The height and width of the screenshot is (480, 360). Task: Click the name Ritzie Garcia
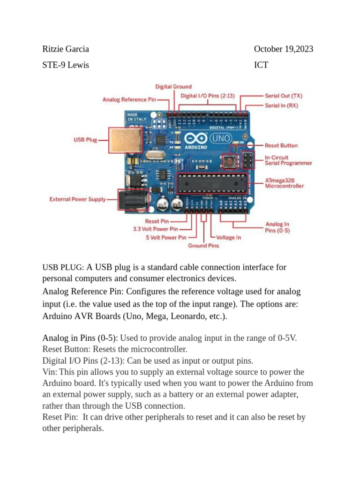(66, 49)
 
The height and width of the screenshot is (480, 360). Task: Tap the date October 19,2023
(284, 49)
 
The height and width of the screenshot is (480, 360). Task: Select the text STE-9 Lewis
(66, 65)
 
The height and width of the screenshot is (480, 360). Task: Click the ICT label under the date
(261, 65)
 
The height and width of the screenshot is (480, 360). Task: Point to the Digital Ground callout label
(173, 87)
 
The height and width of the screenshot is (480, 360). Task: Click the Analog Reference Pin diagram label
(129, 99)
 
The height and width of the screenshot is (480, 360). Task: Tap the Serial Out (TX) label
(284, 96)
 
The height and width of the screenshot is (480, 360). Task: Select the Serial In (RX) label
(281, 105)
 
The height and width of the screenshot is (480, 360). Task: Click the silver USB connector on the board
(125, 140)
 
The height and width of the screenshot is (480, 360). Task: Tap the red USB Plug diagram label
(85, 140)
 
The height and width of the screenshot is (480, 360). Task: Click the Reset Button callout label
(281, 146)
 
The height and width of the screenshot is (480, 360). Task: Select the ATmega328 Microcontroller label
(284, 183)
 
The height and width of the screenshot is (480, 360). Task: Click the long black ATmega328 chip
(211, 183)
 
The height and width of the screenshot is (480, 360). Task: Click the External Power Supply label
(78, 199)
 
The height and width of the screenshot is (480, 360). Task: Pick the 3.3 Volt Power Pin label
(155, 229)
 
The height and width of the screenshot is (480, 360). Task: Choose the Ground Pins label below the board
(203, 245)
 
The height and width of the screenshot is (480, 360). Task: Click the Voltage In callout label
(228, 238)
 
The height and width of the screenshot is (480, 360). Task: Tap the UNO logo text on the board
(220, 139)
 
